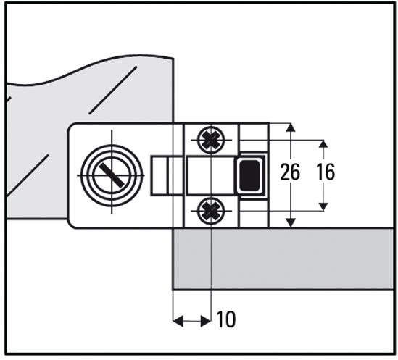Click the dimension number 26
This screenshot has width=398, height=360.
pyautogui.click(x=290, y=172)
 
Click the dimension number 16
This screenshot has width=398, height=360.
pyautogui.click(x=326, y=172)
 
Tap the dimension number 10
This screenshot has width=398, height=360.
pyautogui.click(x=226, y=319)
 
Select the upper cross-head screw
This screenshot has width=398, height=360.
pyautogui.click(x=211, y=140)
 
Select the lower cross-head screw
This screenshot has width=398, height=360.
pyautogui.click(x=211, y=211)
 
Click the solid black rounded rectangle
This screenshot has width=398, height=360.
pyautogui.click(x=249, y=175)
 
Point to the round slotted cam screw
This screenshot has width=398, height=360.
pyautogui.click(x=112, y=175)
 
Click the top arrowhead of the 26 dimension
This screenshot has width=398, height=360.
pyautogui.click(x=291, y=127)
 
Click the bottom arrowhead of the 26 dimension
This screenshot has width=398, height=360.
pyautogui.click(x=291, y=222)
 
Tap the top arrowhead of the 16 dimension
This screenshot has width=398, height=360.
pyautogui.click(x=323, y=144)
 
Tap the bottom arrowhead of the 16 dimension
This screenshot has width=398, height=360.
pyautogui.click(x=323, y=206)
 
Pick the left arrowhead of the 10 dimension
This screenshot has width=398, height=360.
pyautogui.click(x=178, y=321)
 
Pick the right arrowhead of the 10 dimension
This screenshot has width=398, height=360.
pyautogui.click(x=206, y=321)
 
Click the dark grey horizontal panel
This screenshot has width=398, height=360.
pyautogui.click(x=283, y=259)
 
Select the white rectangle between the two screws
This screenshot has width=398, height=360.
pyautogui.click(x=211, y=175)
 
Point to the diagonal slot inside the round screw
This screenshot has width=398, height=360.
pyautogui.click(x=112, y=175)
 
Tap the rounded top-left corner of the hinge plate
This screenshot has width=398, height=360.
pyautogui.click(x=71, y=127)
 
